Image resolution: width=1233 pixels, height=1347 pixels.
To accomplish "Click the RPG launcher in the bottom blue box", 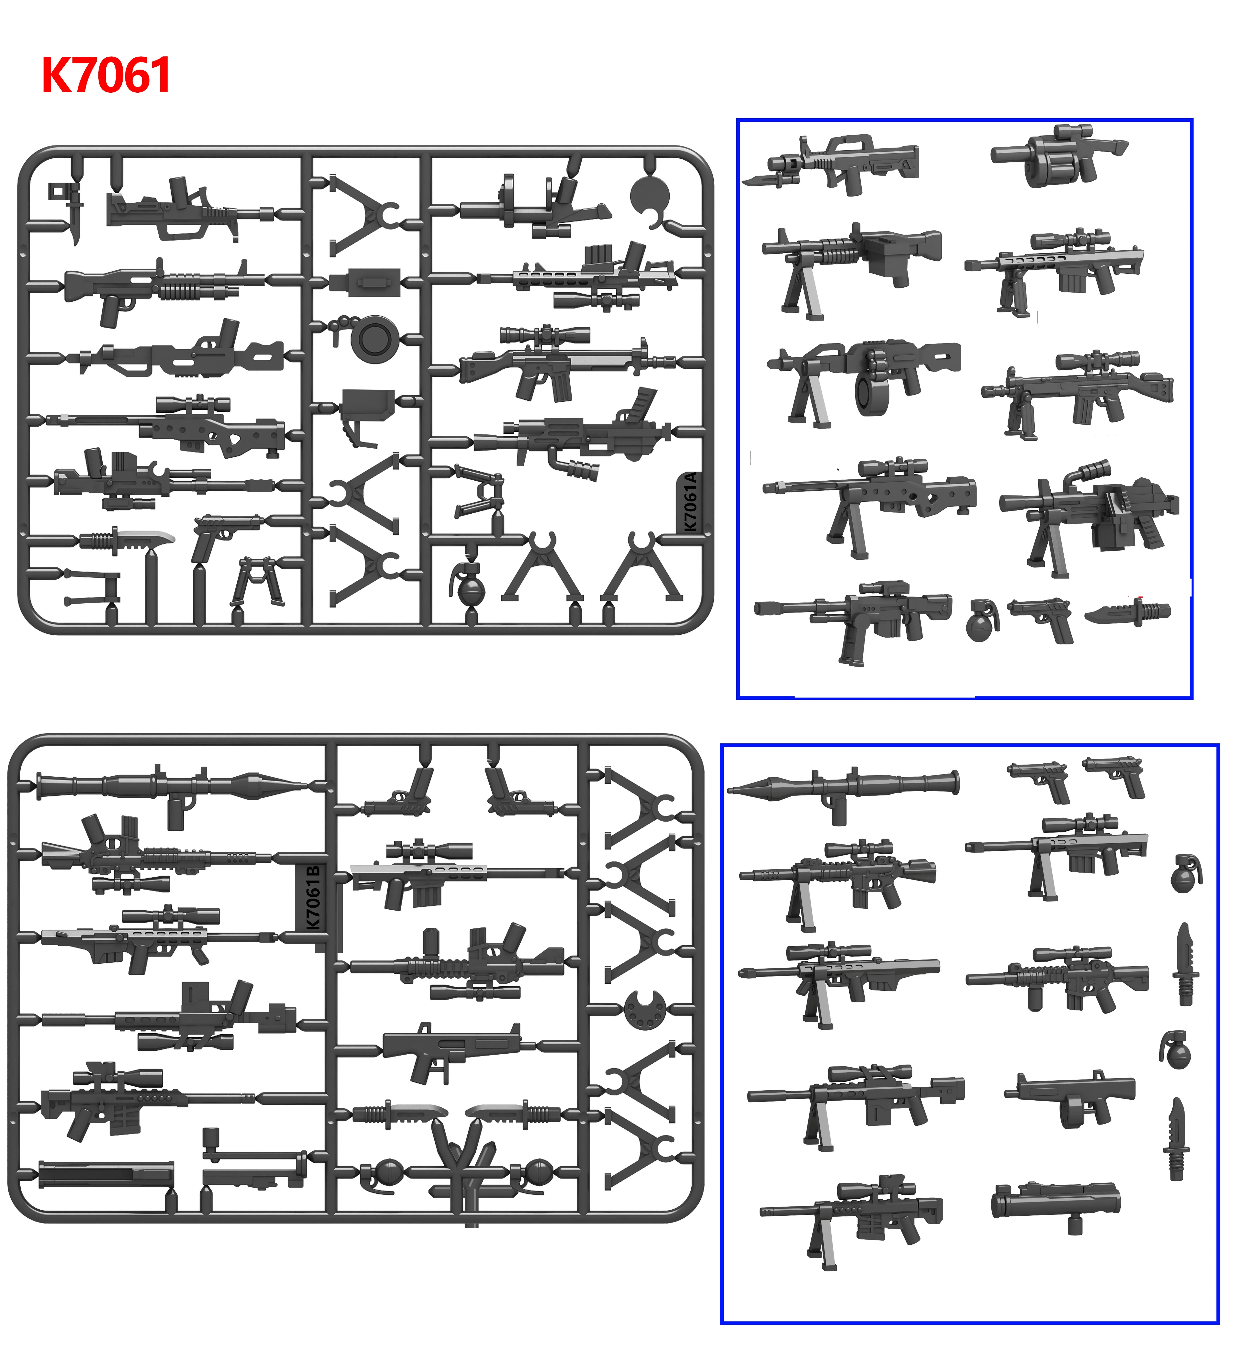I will pos(843,788).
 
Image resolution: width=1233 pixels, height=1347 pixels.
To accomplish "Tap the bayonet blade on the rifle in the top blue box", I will pos(762,179).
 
